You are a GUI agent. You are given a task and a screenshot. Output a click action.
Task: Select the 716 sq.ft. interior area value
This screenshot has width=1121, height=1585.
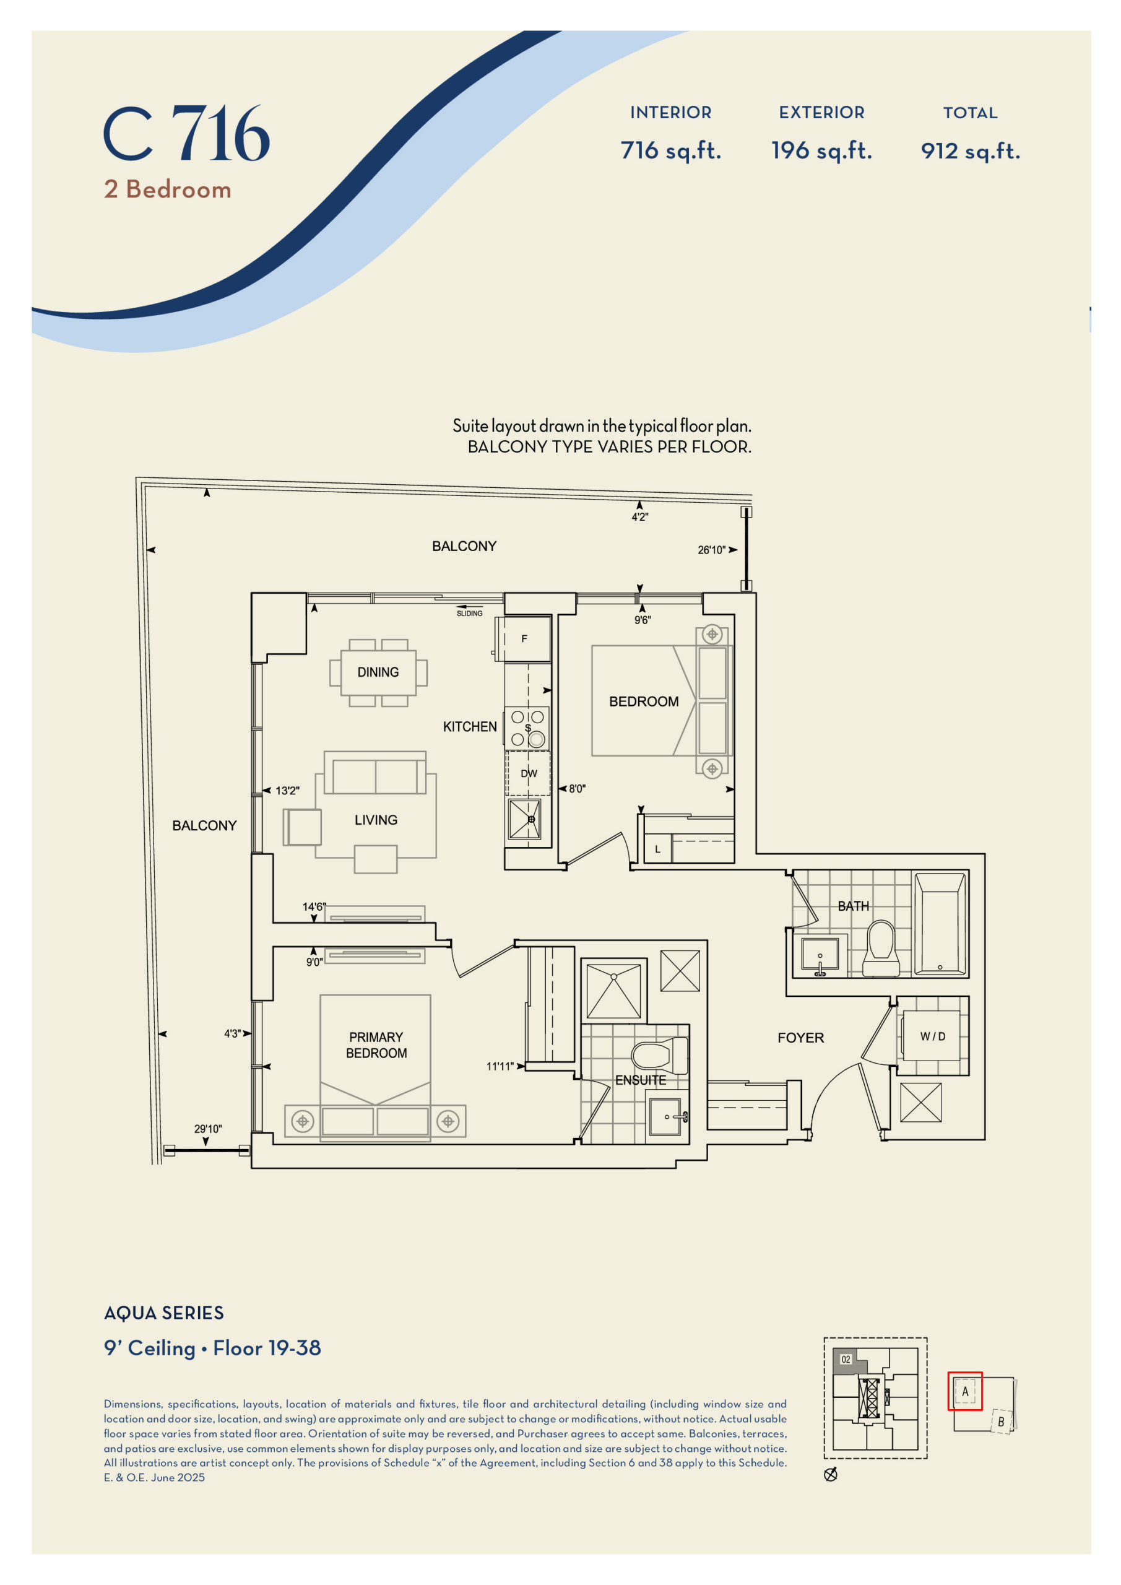[x=671, y=150]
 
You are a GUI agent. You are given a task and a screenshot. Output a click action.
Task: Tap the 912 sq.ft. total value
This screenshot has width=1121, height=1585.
[x=971, y=150]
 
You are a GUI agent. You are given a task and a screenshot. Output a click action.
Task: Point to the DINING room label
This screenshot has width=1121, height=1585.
[x=378, y=672]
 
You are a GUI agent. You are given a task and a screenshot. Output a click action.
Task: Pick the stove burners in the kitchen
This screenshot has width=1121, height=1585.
[x=527, y=727]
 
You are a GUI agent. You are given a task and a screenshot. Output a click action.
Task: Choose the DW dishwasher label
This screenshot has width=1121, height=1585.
[x=529, y=773]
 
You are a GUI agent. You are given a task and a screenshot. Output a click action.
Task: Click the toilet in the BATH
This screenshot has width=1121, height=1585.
[x=881, y=948]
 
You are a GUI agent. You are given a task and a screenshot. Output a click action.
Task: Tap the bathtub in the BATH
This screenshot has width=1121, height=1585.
[x=940, y=924]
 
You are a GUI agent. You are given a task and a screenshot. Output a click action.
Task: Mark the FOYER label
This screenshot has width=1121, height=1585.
[x=801, y=1038]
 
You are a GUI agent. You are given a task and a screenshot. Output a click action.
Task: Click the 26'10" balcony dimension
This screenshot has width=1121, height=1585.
[x=712, y=550]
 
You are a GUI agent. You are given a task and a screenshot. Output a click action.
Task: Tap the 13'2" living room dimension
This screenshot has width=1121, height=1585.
[x=287, y=791]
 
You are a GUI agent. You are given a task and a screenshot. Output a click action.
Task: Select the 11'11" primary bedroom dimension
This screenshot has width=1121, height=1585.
[x=500, y=1067]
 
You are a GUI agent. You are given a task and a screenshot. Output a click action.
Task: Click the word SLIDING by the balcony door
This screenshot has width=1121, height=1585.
[x=469, y=613]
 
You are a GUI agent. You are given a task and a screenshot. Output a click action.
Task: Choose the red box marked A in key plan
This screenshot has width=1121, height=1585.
[x=965, y=1391]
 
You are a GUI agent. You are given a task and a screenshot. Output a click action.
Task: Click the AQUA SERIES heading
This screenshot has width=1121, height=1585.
[x=163, y=1313]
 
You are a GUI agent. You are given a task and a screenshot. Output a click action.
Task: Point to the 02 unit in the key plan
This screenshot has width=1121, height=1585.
[x=846, y=1359]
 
